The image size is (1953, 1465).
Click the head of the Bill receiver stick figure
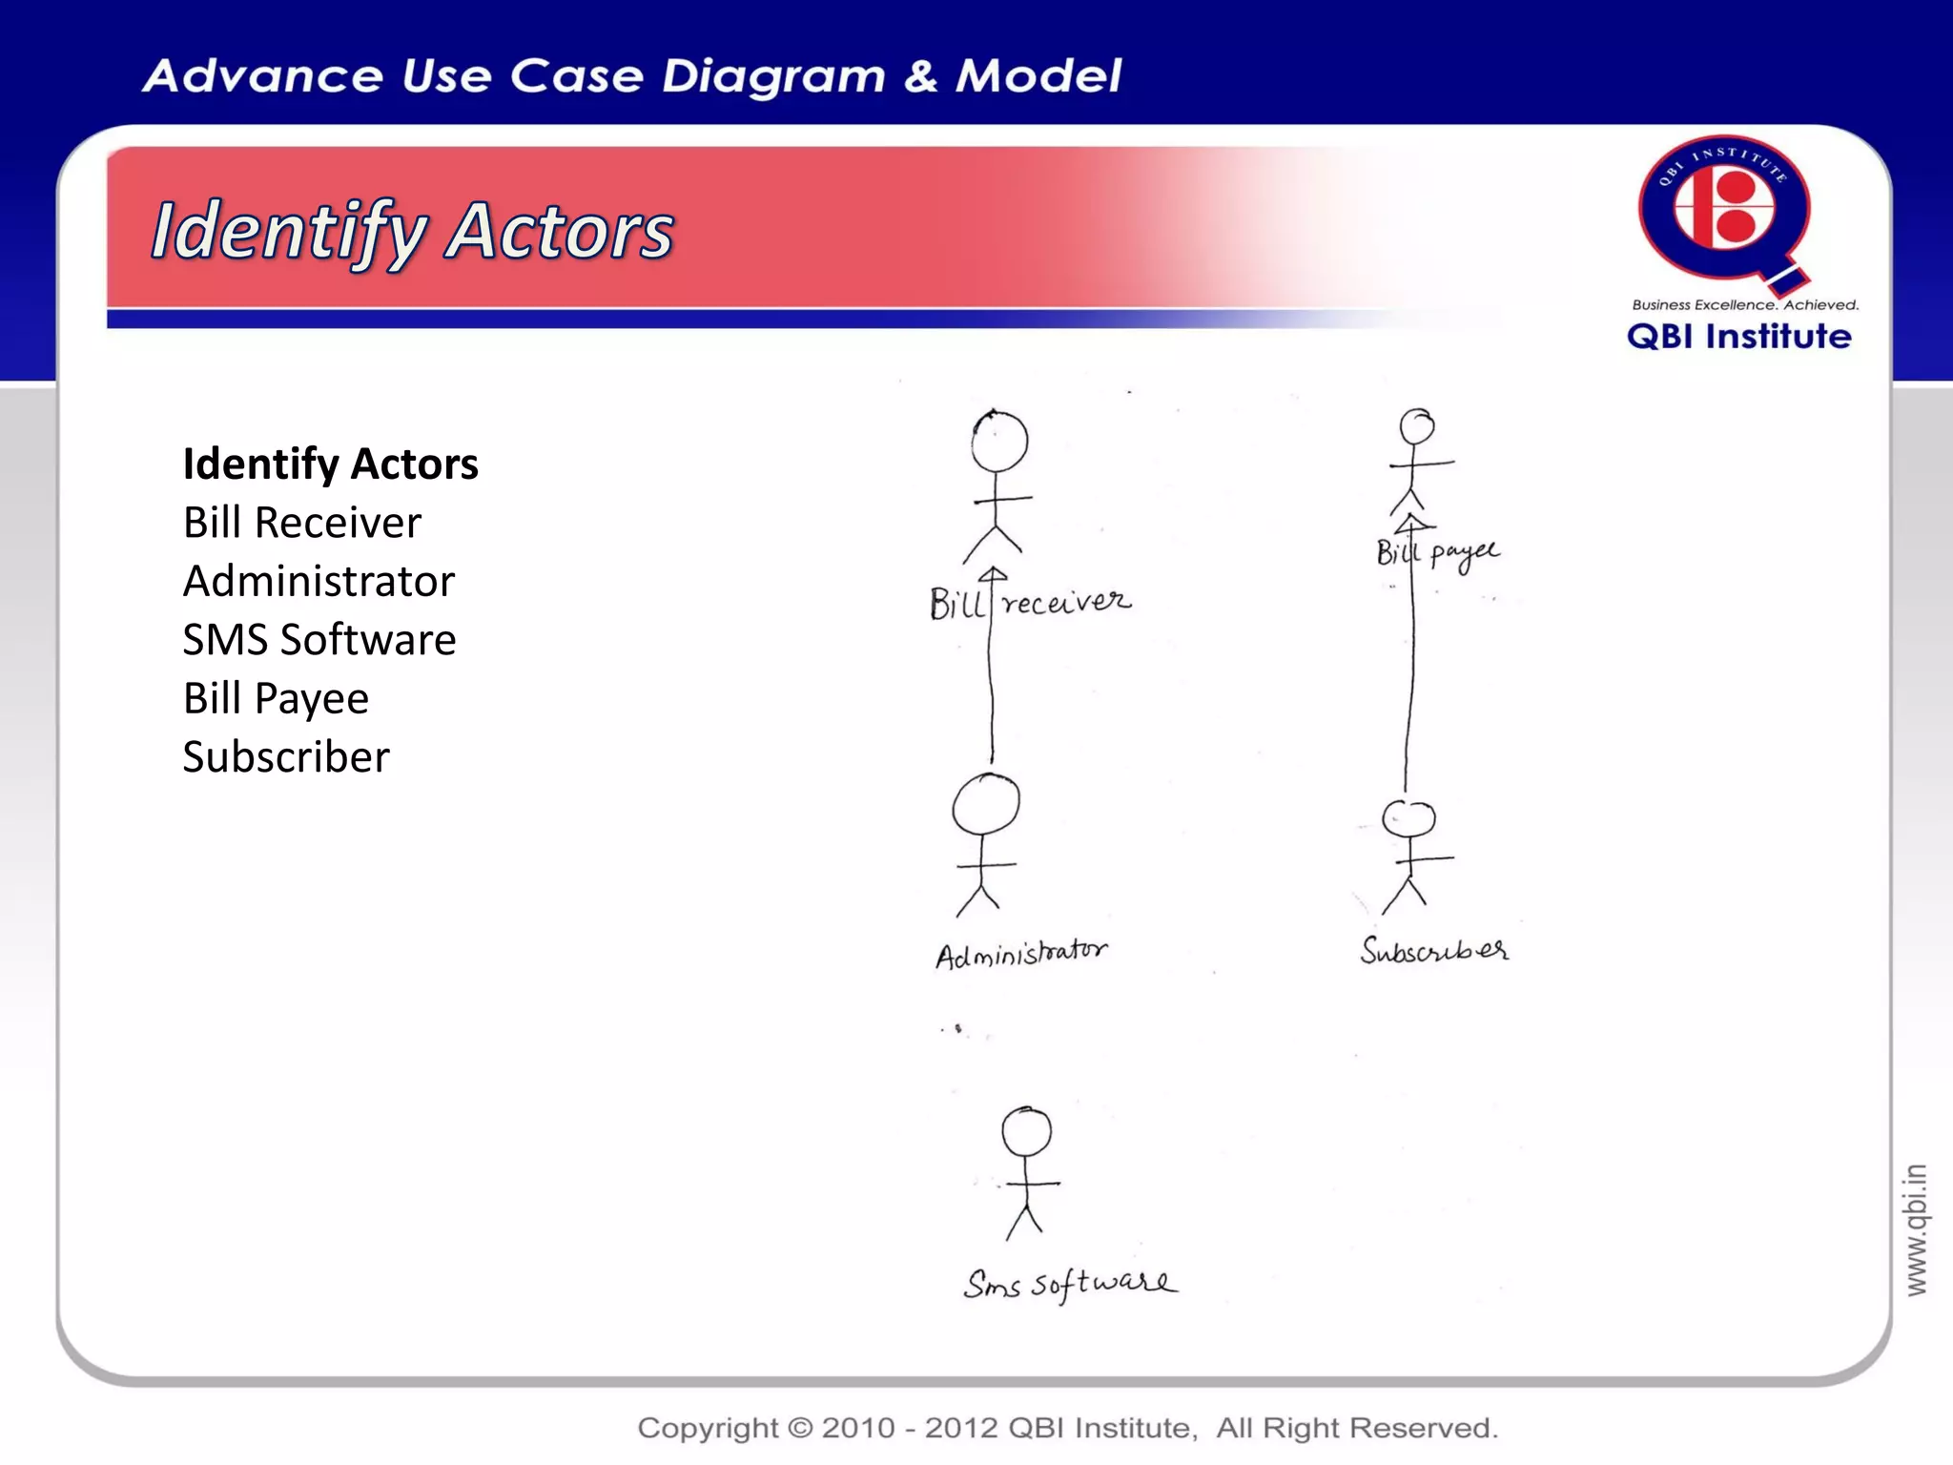coord(999,442)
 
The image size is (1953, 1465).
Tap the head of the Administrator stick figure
coord(986,804)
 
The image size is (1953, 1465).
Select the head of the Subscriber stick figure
coord(1409,818)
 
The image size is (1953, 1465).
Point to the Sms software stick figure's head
coord(1027,1132)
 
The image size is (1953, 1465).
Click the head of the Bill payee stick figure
coord(1417,426)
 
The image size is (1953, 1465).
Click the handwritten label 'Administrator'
coord(1021,953)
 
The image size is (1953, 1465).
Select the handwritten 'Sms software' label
coord(1070,1284)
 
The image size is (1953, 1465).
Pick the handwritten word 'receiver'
coord(1066,602)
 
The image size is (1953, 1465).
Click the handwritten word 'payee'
coord(1464,554)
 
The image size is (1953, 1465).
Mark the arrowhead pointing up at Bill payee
coord(1413,523)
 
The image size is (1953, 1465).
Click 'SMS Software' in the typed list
coord(319,639)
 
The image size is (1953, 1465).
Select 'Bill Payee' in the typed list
coord(276,698)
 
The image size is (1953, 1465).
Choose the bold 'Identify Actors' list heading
coord(330,464)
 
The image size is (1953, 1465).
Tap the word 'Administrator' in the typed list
coord(319,581)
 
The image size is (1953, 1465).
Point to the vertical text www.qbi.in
coord(1916,1229)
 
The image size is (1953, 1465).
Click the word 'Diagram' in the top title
coord(773,76)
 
